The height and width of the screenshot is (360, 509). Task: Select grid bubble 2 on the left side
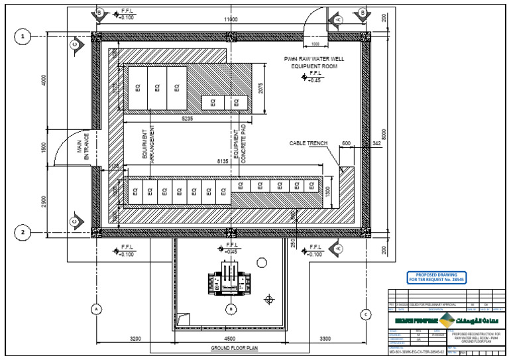(24, 232)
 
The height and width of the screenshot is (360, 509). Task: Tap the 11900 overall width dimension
(231, 20)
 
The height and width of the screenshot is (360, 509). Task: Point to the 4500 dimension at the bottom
(229, 338)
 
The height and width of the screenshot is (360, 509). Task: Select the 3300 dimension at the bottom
(325, 338)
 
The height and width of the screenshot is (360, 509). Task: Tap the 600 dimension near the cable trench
(346, 143)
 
